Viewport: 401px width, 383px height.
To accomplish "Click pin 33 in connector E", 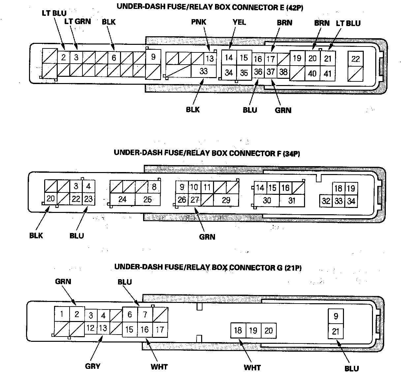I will [203, 72].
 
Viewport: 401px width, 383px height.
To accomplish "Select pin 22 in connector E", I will [355, 59].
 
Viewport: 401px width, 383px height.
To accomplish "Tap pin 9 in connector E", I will [153, 57].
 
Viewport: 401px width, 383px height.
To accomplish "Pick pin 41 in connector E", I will [327, 73].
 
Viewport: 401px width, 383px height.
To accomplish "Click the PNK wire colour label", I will [199, 22].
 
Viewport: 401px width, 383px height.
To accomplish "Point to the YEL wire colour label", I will [239, 22].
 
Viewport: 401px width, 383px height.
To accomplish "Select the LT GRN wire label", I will [77, 21].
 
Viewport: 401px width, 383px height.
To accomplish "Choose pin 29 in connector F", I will [226, 200].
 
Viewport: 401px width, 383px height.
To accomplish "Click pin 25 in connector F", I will [148, 199].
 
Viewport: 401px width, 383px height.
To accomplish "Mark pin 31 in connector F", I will [292, 200].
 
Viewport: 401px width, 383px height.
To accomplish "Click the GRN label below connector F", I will [207, 237].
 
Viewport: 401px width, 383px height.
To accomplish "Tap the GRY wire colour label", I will [93, 366].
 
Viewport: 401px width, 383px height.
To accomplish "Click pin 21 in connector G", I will [336, 331].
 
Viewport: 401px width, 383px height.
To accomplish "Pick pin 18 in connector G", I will [238, 330].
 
